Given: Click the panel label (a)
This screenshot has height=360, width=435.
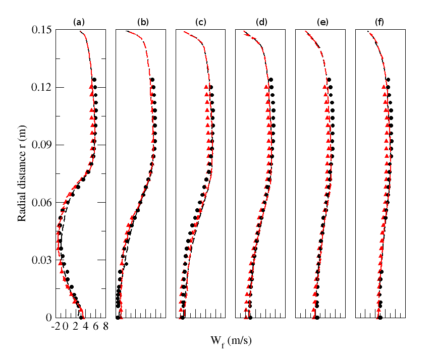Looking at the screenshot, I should point(79,22).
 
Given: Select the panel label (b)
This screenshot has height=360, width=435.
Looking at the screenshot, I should point(143,22).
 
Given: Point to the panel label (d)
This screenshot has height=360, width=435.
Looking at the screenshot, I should point(261,22).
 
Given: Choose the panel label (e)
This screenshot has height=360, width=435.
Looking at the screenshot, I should point(321,22).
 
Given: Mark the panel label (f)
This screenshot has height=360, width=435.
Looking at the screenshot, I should point(380,22).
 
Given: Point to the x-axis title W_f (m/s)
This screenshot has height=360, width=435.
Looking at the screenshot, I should point(231,341).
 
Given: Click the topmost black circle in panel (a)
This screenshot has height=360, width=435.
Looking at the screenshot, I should point(94,80).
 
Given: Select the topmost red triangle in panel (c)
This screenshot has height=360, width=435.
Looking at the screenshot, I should point(206,87).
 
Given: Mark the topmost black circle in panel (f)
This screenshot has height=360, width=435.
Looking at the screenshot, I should point(388,80).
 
